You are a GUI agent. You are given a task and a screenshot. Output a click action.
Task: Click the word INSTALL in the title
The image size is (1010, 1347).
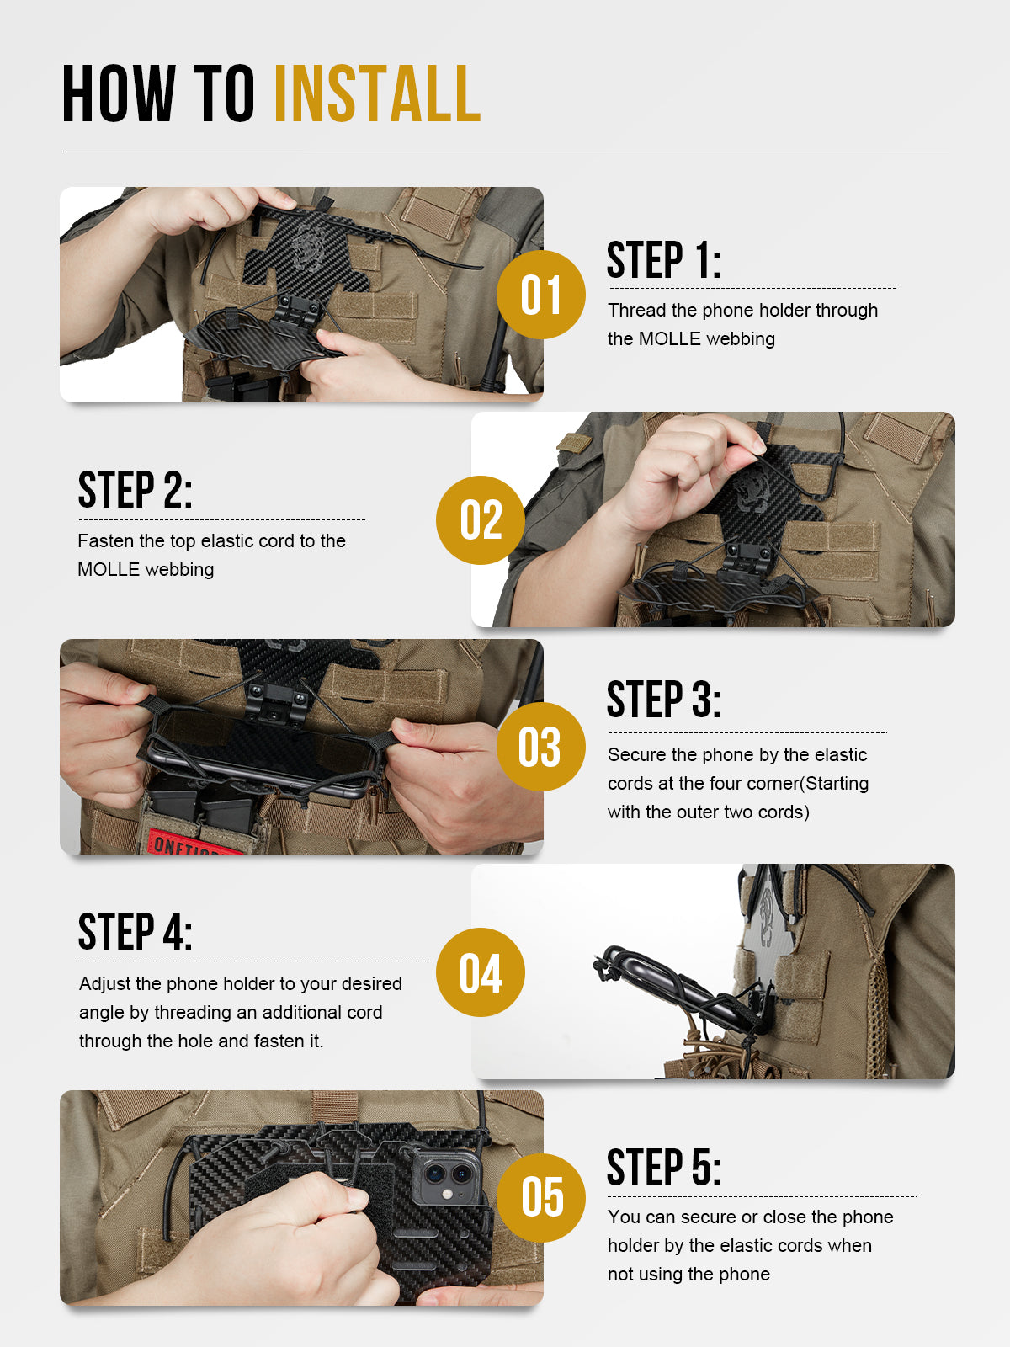[x=377, y=93]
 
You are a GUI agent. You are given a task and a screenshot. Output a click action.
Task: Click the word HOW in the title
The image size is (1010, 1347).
[x=119, y=93]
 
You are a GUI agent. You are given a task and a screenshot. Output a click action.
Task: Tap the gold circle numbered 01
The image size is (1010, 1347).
[x=540, y=295]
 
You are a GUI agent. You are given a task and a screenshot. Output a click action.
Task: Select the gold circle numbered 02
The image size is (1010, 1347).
[x=481, y=519]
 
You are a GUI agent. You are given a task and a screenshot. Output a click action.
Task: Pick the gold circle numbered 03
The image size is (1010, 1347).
[x=540, y=746]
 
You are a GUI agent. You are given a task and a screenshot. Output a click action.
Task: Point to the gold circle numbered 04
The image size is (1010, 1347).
[x=481, y=972]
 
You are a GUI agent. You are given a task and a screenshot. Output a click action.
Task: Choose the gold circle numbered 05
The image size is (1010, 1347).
[x=540, y=1197]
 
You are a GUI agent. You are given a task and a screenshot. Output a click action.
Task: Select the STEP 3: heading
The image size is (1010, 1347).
[x=663, y=700]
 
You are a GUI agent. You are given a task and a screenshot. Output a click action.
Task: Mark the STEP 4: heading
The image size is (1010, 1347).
[x=135, y=932]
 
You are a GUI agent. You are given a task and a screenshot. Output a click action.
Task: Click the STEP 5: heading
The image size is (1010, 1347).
[x=663, y=1168]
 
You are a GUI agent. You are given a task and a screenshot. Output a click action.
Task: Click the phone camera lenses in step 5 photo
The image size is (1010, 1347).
[x=446, y=1174]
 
